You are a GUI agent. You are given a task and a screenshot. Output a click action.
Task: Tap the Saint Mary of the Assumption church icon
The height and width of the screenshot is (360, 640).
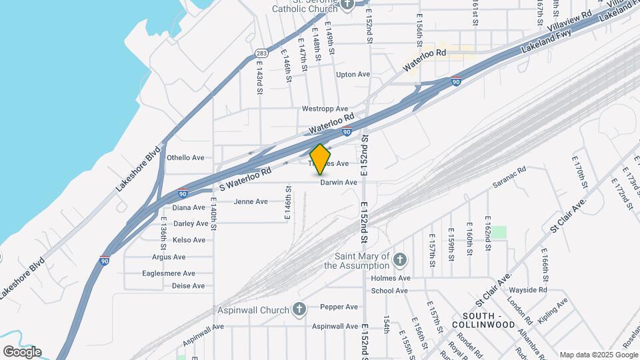(399, 259)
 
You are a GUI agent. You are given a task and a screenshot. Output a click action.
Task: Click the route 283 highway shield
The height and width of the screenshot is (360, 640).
(262, 53)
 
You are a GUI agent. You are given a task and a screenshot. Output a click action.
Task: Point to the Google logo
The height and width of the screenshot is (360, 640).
(21, 352)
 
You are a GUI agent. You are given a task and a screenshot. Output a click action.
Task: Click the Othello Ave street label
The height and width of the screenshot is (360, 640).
(185, 158)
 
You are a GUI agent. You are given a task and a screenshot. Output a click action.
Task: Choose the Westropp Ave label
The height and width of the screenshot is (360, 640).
(325, 109)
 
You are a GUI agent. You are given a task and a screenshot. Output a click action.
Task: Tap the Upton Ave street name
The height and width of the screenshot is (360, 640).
(353, 75)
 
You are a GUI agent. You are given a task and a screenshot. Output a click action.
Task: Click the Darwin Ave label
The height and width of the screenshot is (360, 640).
(339, 182)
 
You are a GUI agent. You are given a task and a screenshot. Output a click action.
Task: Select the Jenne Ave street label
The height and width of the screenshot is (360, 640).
(251, 201)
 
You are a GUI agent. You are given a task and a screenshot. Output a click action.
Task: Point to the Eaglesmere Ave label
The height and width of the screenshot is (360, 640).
(169, 273)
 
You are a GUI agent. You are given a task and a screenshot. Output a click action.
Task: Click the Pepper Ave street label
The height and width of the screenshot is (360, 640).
(339, 307)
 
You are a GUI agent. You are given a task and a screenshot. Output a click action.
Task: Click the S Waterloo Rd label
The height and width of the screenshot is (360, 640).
(245, 176)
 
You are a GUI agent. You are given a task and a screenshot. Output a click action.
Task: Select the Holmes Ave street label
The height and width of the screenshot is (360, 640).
(391, 278)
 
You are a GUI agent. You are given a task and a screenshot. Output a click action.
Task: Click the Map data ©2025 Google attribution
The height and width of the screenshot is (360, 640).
(597, 355)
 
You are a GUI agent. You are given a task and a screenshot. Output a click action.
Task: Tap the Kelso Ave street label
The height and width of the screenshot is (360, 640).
(189, 240)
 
